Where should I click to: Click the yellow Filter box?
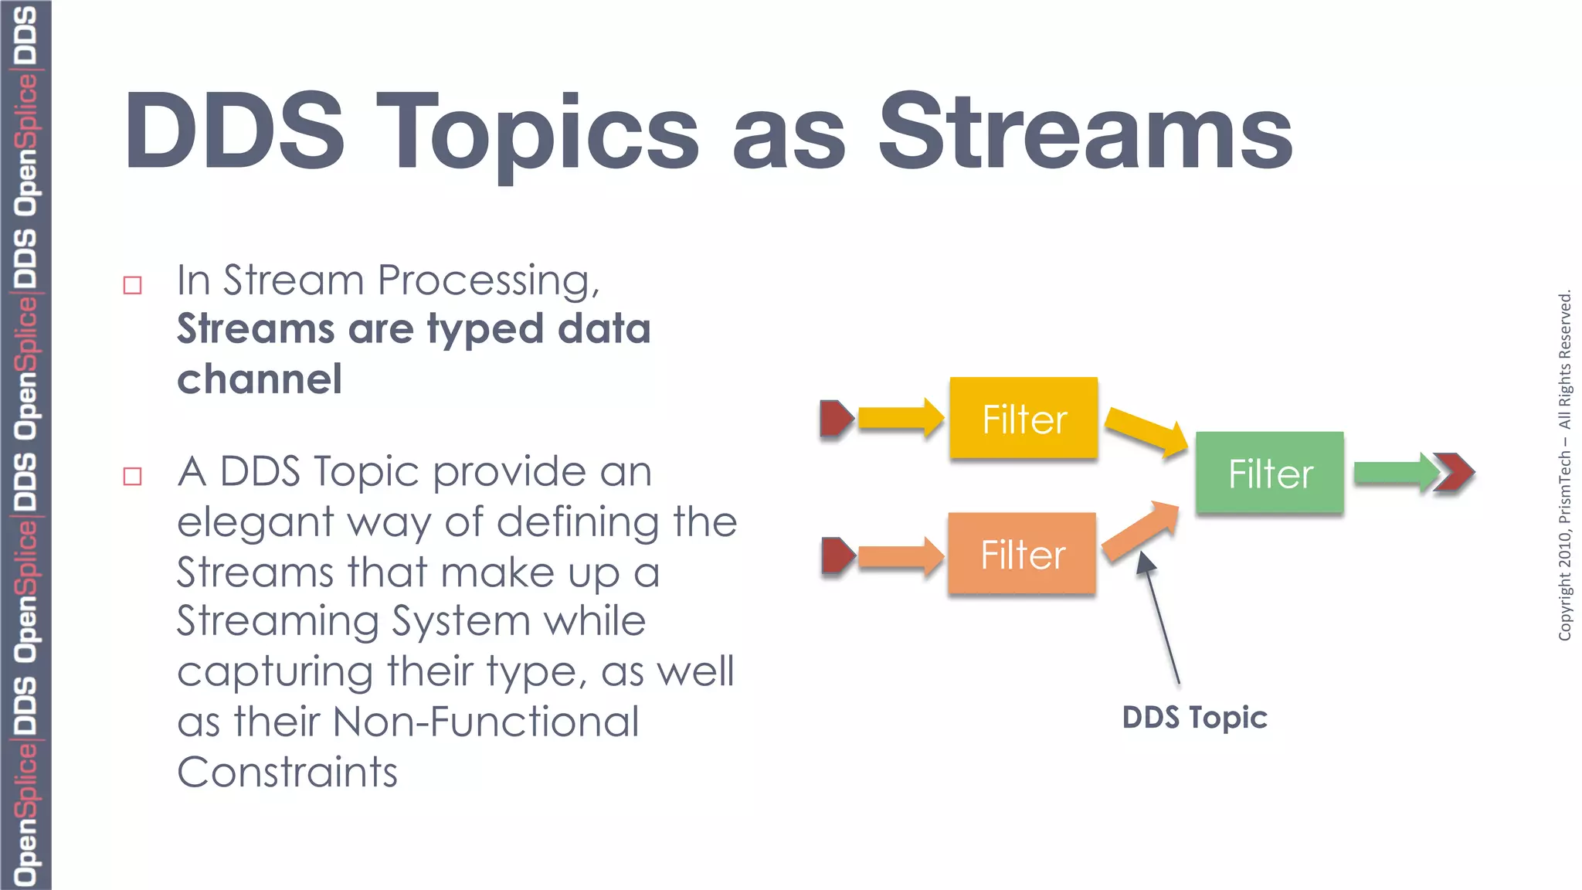coord(1024,418)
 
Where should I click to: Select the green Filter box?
coord(1270,473)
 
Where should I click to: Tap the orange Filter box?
coord(1022,553)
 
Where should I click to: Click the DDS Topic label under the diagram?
coord(1194,718)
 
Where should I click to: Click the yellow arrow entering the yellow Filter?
coord(900,418)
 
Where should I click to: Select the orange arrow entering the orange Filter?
coord(900,555)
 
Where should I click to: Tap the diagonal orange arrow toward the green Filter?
coord(1140,532)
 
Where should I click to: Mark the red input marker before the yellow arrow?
coord(836,418)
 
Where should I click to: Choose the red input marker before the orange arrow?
coord(837,555)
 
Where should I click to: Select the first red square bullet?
coord(133,285)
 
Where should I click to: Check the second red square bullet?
coord(133,476)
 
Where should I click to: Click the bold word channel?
coord(260,379)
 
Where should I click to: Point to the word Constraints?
coord(287,772)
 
